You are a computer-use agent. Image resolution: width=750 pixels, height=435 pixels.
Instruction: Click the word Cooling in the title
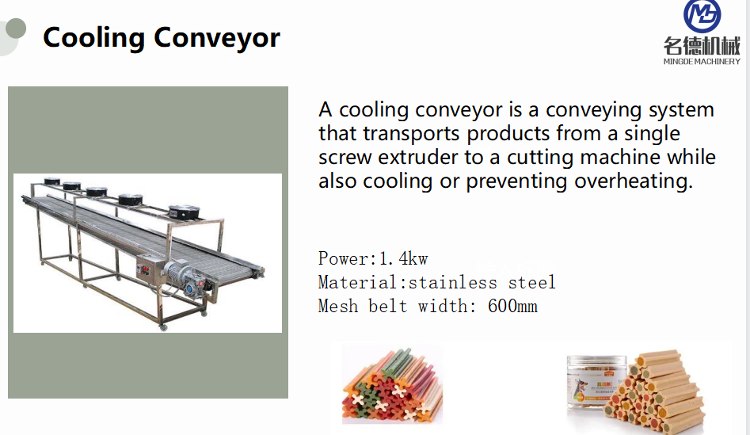coord(93,37)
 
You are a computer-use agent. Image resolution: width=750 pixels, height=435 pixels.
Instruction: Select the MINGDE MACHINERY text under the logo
coord(702,61)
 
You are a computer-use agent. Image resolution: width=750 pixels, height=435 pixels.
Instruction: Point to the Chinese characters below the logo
coord(702,46)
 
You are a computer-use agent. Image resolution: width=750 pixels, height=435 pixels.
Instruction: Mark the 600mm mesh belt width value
coord(512,306)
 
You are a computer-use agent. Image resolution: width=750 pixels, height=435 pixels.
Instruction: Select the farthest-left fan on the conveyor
coord(52,181)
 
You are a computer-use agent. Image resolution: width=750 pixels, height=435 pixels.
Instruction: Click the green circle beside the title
coord(13,29)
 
